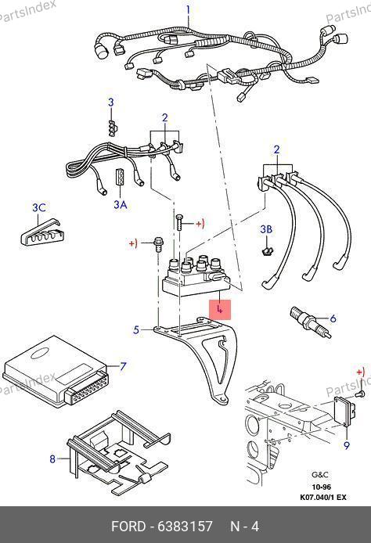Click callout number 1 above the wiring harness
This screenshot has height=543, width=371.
(188, 9)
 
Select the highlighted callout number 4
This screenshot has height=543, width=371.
(220, 310)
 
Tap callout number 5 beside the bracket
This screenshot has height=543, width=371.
(136, 329)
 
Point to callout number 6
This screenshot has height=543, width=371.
(333, 318)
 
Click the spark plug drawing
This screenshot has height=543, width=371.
(310, 322)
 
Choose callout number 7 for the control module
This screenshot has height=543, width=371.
(123, 366)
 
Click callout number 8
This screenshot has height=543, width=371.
(52, 458)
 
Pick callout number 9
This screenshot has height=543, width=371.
(347, 445)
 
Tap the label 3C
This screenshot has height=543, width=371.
(39, 207)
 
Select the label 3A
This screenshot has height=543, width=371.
(121, 205)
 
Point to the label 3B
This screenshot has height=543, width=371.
(266, 229)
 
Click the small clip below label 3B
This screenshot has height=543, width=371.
(266, 251)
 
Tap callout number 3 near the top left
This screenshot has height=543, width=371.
(111, 102)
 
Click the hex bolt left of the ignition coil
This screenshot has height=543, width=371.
(158, 244)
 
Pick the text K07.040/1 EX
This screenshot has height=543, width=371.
(322, 498)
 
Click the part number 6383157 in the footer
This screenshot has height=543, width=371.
(185, 527)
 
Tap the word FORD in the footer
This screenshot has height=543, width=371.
(128, 527)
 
